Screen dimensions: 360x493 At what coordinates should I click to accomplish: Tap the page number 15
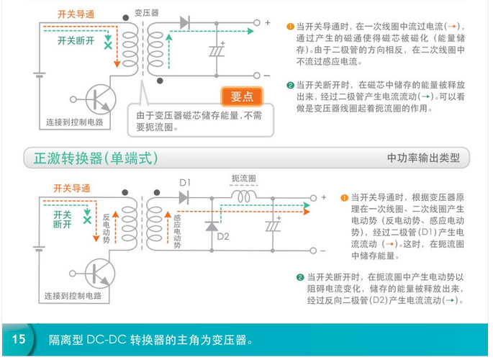coord(18,338)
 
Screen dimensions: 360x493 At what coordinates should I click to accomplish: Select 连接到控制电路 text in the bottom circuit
coord(74,295)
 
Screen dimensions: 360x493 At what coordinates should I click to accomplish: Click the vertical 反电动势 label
coord(106,229)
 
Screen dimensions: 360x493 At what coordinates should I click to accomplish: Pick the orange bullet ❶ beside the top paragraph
coord(290,24)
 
